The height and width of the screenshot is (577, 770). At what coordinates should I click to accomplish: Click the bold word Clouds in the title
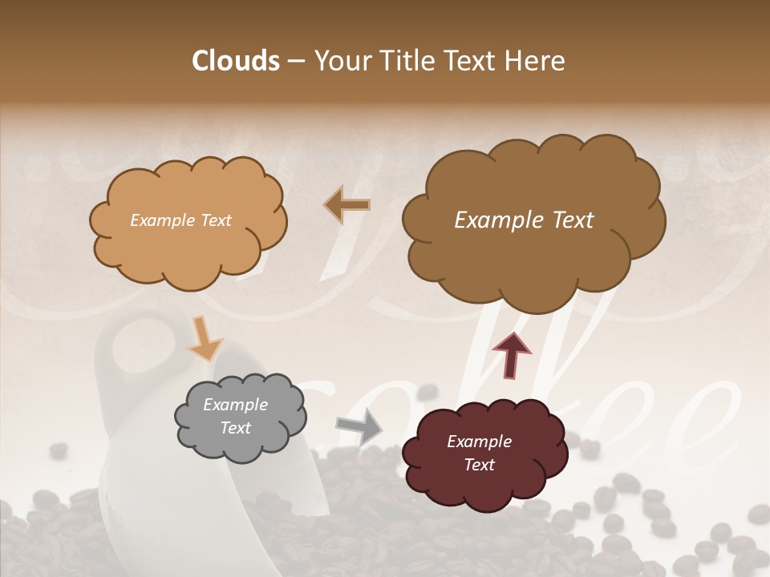coord(235,61)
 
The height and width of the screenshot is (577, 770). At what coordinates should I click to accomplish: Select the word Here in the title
coord(535,61)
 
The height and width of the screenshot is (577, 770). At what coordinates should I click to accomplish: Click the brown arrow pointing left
coord(346,205)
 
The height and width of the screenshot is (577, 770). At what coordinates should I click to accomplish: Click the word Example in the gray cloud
coord(235,405)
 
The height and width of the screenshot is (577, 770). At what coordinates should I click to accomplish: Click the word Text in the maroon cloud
coord(479,465)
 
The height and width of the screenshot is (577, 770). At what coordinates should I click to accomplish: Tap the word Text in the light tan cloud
coord(214,220)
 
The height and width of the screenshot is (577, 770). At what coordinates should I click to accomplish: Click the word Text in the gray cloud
coord(235,428)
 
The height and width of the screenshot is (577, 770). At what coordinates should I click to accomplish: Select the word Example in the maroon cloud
coord(479,442)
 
